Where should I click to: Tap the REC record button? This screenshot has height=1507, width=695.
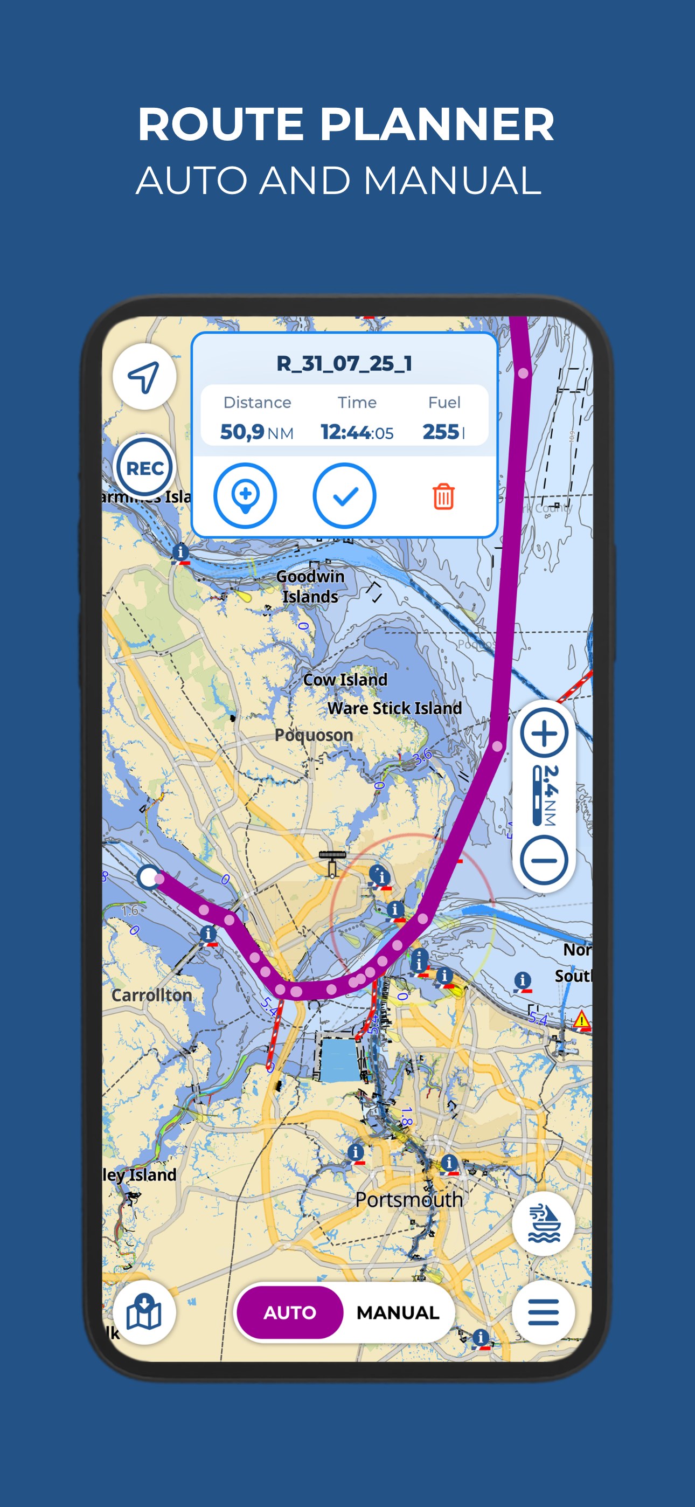pyautogui.click(x=144, y=467)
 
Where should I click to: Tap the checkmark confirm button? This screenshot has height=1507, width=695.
pyautogui.click(x=345, y=496)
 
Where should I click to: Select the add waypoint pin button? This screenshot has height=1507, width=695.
pyautogui.click(x=245, y=496)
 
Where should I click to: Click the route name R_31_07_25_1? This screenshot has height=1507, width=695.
pyautogui.click(x=345, y=363)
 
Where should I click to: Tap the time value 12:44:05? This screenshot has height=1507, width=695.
pyautogui.click(x=357, y=432)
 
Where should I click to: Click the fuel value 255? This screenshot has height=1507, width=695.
pyautogui.click(x=441, y=432)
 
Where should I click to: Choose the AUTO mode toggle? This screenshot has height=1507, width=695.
pyautogui.click(x=290, y=1312)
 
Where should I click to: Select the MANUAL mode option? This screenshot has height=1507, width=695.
pyautogui.click(x=398, y=1312)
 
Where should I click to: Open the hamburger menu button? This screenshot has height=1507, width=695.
pyautogui.click(x=543, y=1312)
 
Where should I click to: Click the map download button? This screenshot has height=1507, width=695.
pyautogui.click(x=144, y=1312)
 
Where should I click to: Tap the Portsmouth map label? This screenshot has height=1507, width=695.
pyautogui.click(x=409, y=1200)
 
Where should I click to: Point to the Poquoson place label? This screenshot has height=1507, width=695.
pyautogui.click(x=314, y=735)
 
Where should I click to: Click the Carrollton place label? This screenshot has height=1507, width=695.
pyautogui.click(x=151, y=995)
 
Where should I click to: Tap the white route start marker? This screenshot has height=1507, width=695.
pyautogui.click(x=149, y=877)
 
